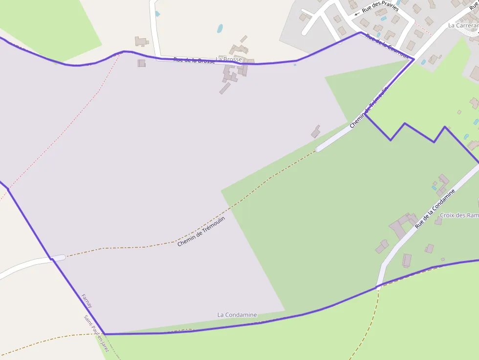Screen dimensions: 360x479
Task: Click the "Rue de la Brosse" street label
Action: [194, 61]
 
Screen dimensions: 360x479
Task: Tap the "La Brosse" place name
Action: [229, 59]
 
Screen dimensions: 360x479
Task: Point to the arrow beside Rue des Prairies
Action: [357, 14]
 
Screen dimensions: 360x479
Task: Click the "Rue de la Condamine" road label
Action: [435, 209]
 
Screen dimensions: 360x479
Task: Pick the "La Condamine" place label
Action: [237, 315]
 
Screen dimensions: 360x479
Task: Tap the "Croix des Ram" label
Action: [459, 215]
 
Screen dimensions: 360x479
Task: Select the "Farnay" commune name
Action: [87, 300]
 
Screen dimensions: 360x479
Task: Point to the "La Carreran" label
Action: [463, 25]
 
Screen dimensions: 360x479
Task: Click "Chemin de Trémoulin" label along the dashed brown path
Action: [201, 231]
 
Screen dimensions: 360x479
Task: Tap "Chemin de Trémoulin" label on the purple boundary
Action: [369, 107]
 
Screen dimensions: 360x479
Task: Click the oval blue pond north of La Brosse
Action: [220, 28]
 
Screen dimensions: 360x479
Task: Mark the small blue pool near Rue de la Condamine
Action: [434, 187]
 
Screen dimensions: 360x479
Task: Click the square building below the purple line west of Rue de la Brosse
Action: [141, 63]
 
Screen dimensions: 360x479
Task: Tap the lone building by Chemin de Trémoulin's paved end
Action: [315, 131]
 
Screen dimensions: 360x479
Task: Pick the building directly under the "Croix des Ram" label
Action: [438, 221]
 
